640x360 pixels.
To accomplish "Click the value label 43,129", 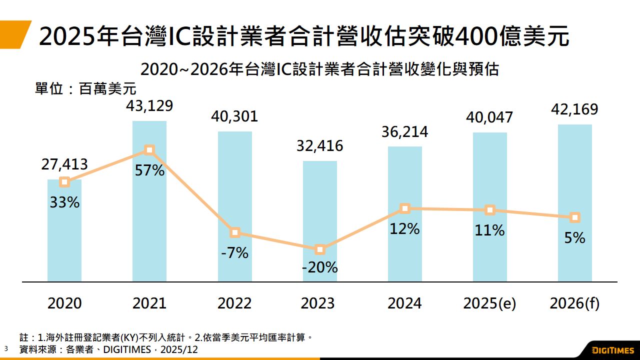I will pos(149,105).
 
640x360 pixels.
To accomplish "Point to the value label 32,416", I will pos(320,146).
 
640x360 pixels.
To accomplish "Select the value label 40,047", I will pos(489,117).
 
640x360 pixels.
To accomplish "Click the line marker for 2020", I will pos(64,181).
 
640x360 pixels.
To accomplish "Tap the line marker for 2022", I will pos(235,232).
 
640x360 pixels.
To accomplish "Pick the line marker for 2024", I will pos(405,208).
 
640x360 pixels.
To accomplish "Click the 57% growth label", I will pos(149,171).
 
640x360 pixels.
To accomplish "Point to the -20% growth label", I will pos(320,267).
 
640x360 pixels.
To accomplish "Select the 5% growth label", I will pos(575,238).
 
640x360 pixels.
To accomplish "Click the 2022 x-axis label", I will pos(235,303).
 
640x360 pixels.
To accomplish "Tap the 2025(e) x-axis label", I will pos(489,303).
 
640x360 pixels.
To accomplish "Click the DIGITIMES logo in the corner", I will pos(612,349).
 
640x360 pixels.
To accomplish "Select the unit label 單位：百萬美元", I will pos(85,89).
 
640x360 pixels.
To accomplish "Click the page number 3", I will pos(6,347).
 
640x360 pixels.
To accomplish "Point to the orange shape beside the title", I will pos(15,34).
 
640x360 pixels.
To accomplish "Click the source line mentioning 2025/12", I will pos(108,349).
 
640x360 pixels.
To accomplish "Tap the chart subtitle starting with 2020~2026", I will pos(320,69).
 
